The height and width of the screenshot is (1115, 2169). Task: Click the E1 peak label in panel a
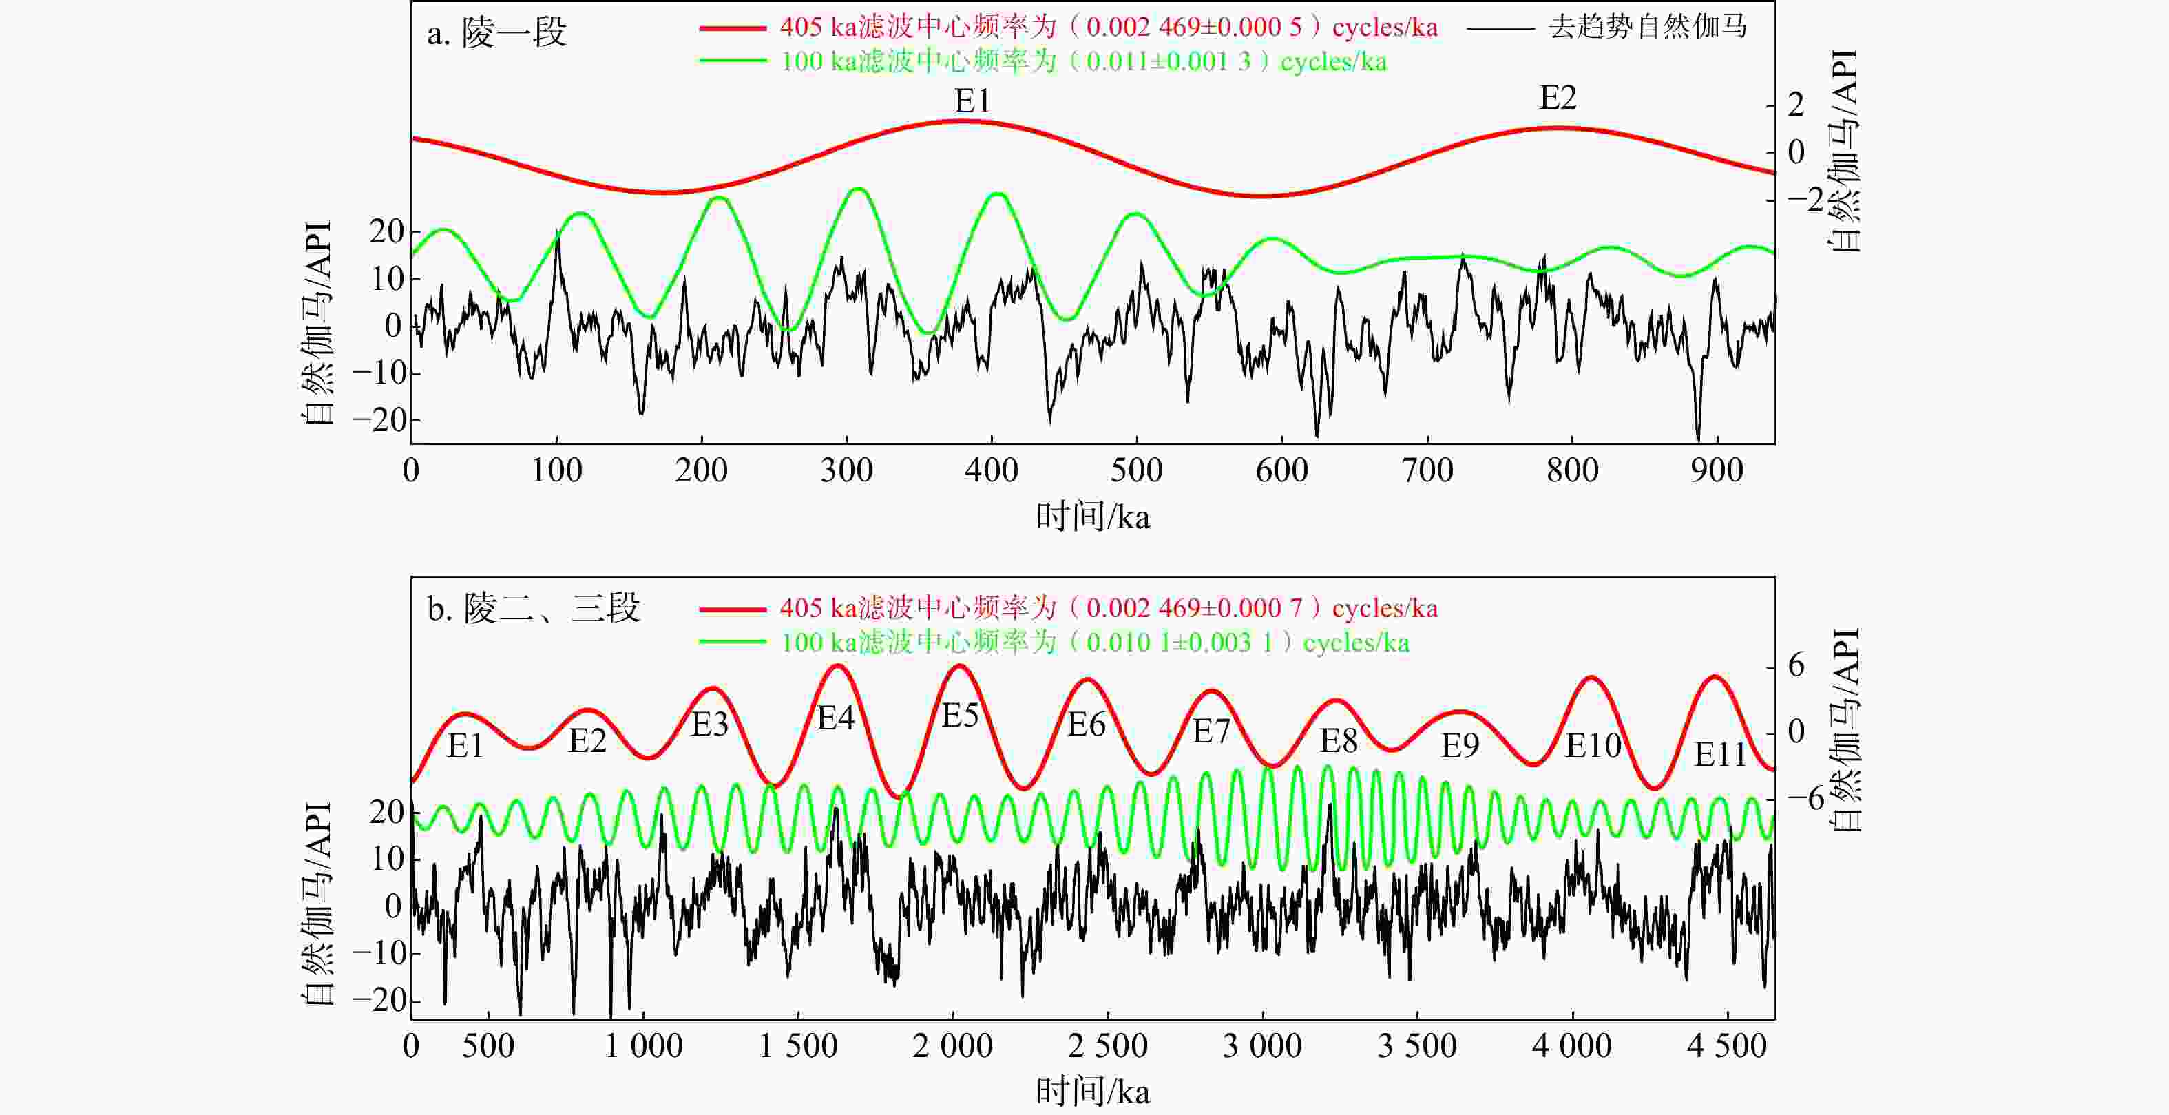[x=972, y=102]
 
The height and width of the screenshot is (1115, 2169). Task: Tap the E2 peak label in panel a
[x=1558, y=98]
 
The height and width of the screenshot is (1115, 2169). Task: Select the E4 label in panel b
[x=836, y=718]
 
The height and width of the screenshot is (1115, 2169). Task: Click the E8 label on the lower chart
[x=1339, y=741]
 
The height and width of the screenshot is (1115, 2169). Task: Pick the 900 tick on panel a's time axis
[x=1717, y=470]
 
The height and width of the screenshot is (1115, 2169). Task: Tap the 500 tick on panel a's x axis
[x=1137, y=470]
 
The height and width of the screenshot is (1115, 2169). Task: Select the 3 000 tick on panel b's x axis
[x=1262, y=1046]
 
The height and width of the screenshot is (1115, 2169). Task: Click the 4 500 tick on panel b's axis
[x=1726, y=1046]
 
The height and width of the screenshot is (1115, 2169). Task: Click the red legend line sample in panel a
[x=733, y=28]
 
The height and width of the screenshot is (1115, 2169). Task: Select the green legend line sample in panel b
[x=733, y=643]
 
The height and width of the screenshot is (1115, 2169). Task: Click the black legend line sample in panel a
[x=1500, y=28]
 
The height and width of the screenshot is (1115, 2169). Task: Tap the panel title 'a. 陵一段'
[x=496, y=34]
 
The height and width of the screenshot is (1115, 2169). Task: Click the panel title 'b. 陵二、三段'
[x=534, y=609]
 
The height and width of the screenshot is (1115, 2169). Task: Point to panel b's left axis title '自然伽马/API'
[x=317, y=904]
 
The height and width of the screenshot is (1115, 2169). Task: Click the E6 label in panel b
[x=1086, y=725]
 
